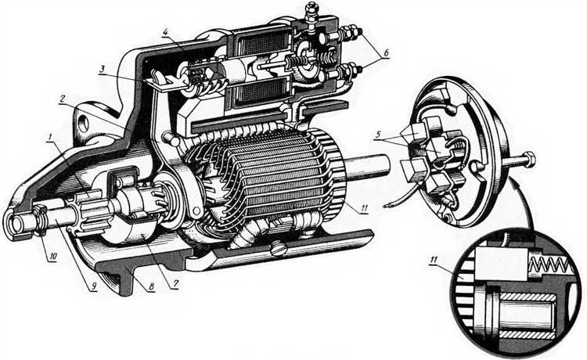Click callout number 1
pyautogui.click(x=49, y=136)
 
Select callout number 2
pyautogui.click(x=63, y=99)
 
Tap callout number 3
pyautogui.click(x=102, y=69)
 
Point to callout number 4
pyautogui.click(x=166, y=31)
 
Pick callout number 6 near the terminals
pyautogui.click(x=385, y=53)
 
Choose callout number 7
pyautogui.click(x=175, y=285)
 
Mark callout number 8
pyautogui.click(x=151, y=286)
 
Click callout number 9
pyautogui.click(x=94, y=286)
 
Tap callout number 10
pyautogui.click(x=52, y=257)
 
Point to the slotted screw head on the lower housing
pyautogui.click(x=279, y=250)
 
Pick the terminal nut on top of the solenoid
pyautogui.click(x=310, y=9)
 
